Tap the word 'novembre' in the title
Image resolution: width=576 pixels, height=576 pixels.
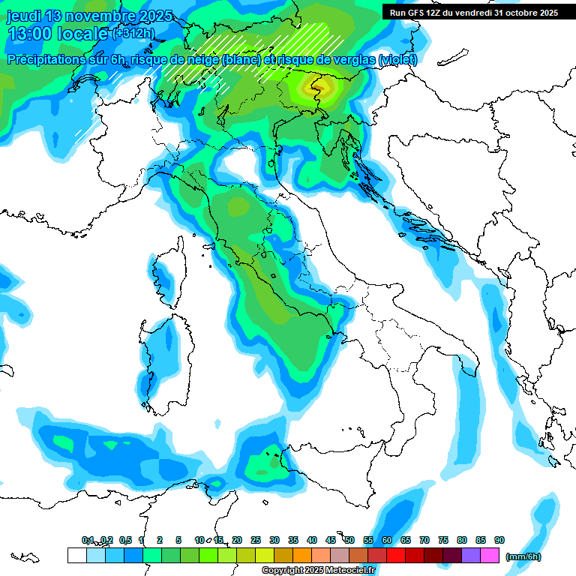103,16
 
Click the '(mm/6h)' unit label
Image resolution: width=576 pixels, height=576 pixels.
523,556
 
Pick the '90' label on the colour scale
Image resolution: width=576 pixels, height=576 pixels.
499,540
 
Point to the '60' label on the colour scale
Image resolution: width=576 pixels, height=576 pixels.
387,540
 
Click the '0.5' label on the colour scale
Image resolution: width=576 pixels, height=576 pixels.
125,540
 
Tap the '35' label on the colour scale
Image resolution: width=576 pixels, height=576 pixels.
293,540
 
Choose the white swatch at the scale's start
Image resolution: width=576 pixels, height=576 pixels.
76,556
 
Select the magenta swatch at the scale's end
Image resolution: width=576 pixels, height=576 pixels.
490,556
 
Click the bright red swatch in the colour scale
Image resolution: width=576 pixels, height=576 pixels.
396,556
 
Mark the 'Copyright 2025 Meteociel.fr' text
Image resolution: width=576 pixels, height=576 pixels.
318,570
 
